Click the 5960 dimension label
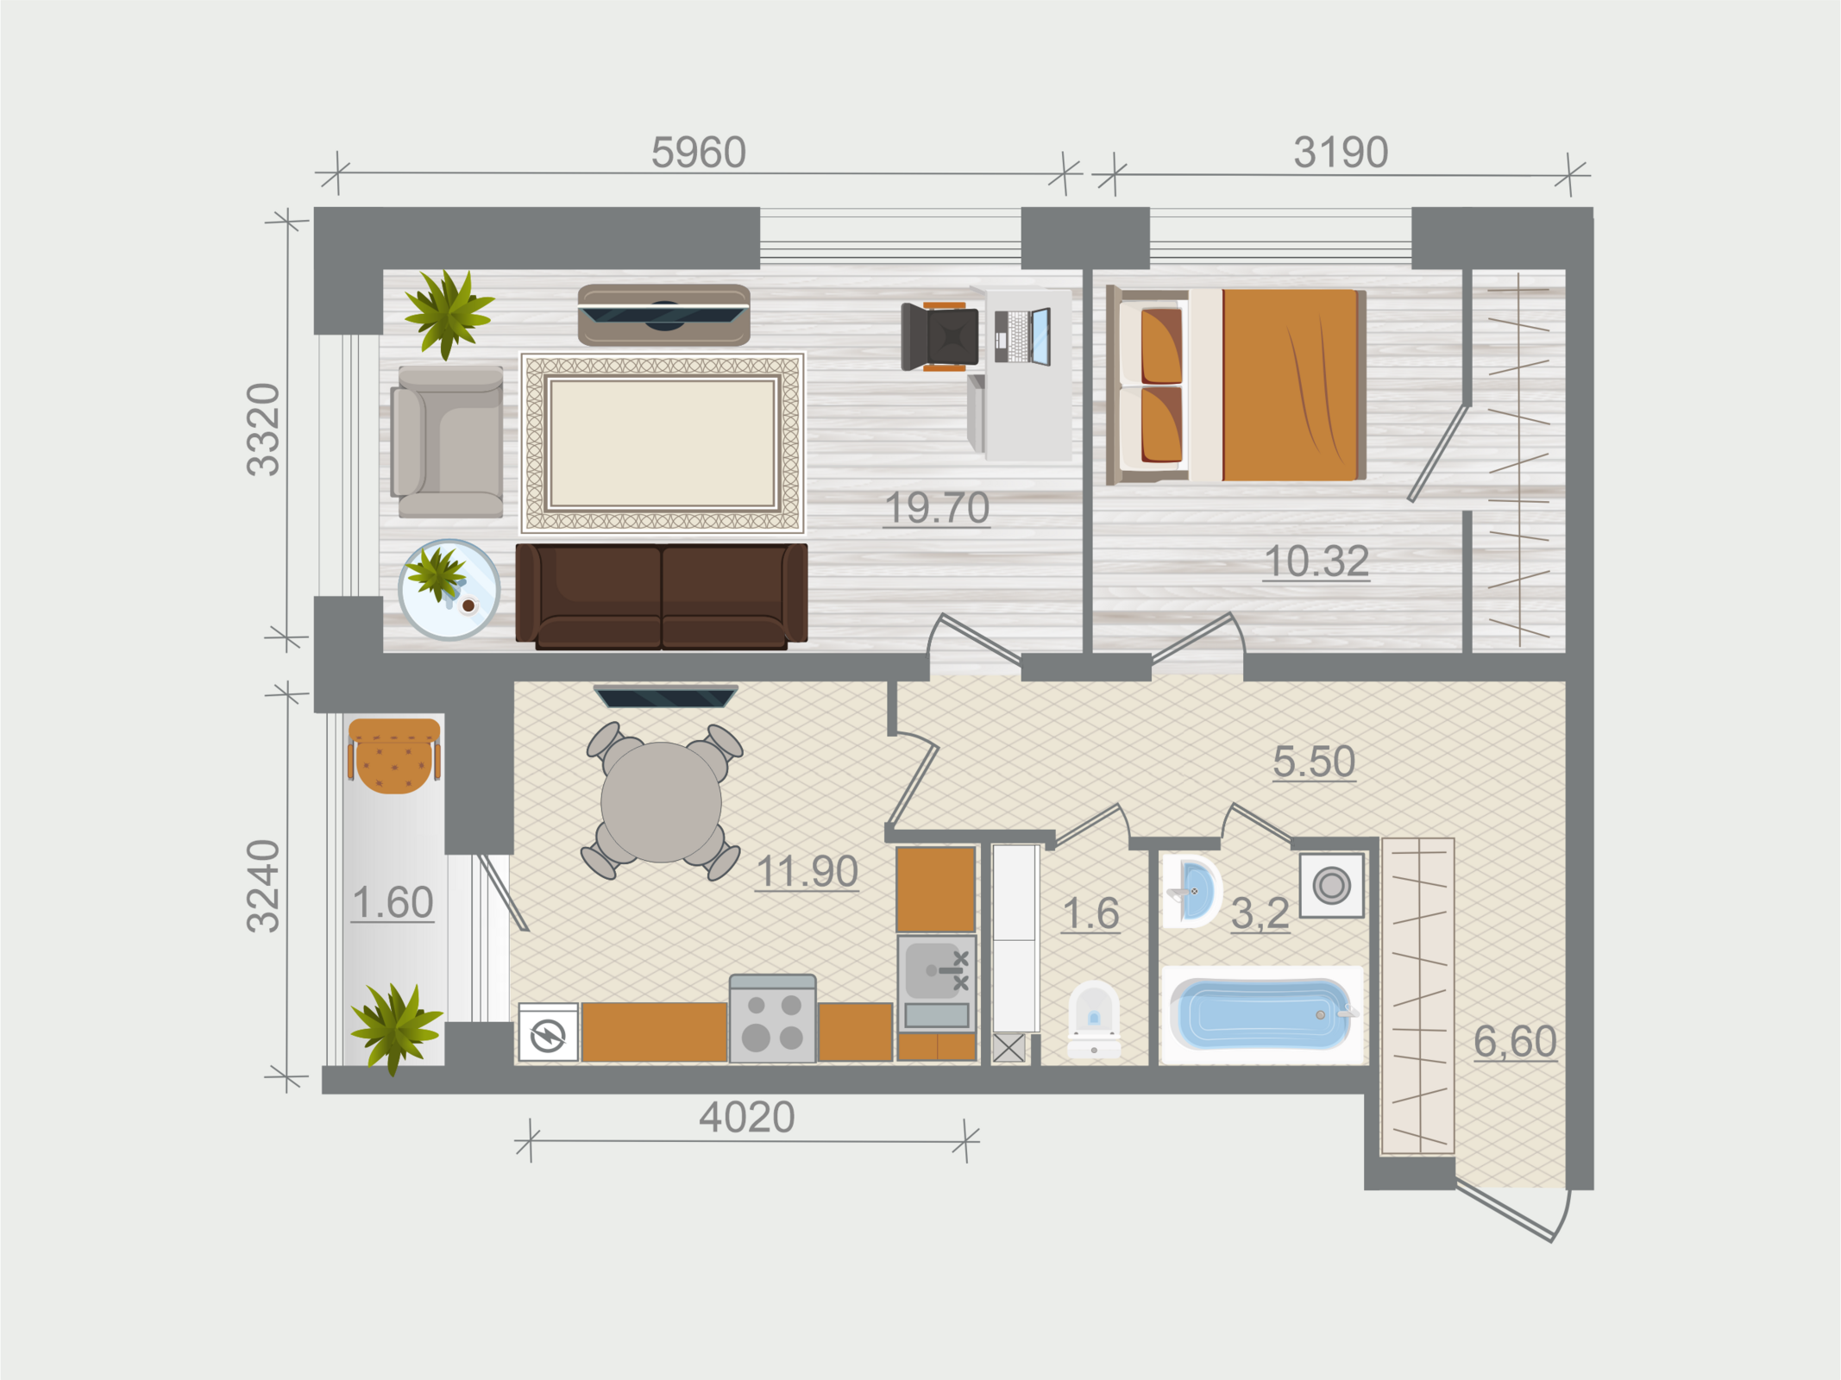tap(698, 153)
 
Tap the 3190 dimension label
tap(1341, 153)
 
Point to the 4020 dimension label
tap(747, 1117)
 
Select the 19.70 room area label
tap(937, 507)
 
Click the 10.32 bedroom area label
tap(1316, 561)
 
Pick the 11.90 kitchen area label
tap(807, 871)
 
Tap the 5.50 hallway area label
tap(1314, 762)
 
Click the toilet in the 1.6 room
tap(1094, 1019)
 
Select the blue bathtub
tap(1262, 1014)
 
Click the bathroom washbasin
tap(1191, 891)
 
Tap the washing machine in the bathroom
tap(1332, 885)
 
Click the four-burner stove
tap(772, 1019)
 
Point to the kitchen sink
tap(936, 983)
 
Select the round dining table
tap(661, 801)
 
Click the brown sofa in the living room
tap(662, 595)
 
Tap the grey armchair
tap(447, 442)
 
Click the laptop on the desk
tap(1023, 336)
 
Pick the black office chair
tap(940, 336)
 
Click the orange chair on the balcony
tap(394, 756)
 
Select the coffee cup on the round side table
tap(468, 605)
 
